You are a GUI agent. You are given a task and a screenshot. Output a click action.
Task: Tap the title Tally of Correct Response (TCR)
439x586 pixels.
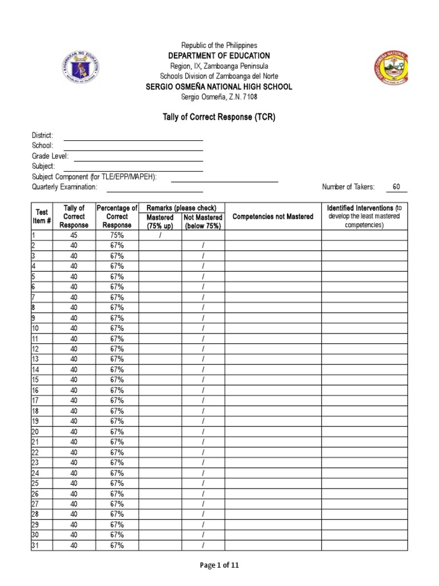tap(219, 117)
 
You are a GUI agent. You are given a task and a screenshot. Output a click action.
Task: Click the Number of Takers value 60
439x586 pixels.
tap(396, 187)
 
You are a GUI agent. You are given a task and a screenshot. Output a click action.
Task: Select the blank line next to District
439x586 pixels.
tap(133, 136)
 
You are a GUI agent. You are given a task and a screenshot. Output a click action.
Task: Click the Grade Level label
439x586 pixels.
tap(50, 156)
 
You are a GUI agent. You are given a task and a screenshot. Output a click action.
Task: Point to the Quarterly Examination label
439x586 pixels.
tap(65, 187)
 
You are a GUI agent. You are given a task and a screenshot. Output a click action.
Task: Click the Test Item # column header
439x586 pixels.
tap(41, 216)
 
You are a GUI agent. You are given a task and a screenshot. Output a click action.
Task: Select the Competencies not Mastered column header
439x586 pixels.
tap(273, 216)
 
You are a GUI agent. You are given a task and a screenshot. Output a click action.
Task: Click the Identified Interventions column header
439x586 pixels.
tap(364, 216)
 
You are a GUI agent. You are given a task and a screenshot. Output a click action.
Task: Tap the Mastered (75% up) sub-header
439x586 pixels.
tap(160, 222)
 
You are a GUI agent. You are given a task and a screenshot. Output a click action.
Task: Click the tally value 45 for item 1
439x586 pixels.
tap(74, 235)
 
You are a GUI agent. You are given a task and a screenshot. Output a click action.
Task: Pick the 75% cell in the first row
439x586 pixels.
tap(117, 235)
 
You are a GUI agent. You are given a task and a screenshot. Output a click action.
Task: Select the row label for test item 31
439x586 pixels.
tap(35, 545)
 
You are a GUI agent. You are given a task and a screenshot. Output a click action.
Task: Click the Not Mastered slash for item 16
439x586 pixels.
tap(203, 390)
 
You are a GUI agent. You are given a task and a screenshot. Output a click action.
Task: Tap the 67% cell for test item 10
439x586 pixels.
tap(117, 328)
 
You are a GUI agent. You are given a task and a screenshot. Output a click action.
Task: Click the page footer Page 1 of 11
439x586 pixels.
tap(219, 565)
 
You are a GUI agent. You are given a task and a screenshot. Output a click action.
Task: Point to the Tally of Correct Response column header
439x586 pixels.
tap(74, 216)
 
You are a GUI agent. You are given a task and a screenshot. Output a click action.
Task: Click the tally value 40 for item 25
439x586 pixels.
tap(74, 484)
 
